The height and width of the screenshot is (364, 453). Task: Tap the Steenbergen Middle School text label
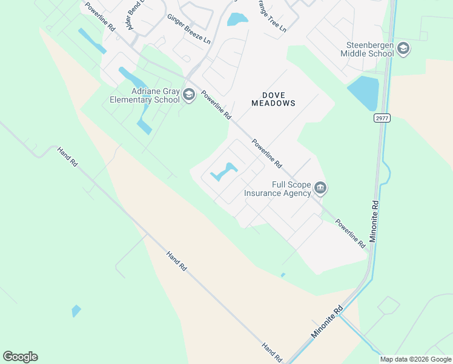pyautogui.click(x=369, y=49)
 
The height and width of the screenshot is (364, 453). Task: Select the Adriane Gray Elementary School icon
pyautogui.click(x=189, y=95)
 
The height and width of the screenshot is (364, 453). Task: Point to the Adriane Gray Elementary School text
pyautogui.click(x=145, y=95)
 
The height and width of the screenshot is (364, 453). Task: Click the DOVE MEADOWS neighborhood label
pyautogui.click(x=274, y=99)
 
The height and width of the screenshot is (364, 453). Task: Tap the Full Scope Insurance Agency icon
pyautogui.click(x=321, y=189)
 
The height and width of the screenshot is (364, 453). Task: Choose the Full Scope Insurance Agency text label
pyautogui.click(x=277, y=189)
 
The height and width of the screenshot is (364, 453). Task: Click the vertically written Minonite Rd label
pyautogui.click(x=374, y=222)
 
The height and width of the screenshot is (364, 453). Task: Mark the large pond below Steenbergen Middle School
pyautogui.click(x=363, y=91)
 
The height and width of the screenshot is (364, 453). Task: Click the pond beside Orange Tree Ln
pyautogui.click(x=237, y=19)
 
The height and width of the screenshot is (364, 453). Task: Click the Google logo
pyautogui.click(x=20, y=357)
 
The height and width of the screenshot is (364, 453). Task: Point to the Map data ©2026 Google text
pyautogui.click(x=415, y=359)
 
